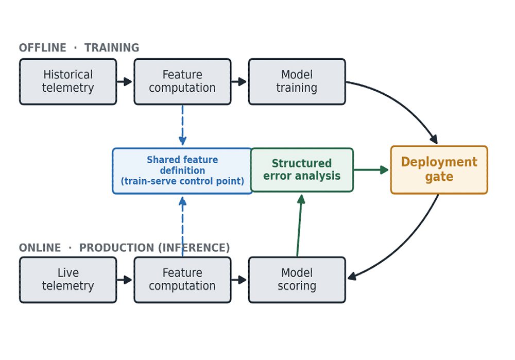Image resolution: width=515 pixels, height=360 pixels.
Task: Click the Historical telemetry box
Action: coord(68,82)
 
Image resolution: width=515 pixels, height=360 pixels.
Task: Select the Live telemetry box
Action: coord(68,280)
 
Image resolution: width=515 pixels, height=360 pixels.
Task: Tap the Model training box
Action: coord(297,82)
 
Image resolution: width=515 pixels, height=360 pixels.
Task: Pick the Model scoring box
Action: coord(297,280)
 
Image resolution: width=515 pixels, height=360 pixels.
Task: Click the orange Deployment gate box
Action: coord(439,170)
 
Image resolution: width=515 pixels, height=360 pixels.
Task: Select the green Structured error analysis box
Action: coord(302,170)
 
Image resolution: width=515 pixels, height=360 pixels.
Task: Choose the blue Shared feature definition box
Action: coord(182,171)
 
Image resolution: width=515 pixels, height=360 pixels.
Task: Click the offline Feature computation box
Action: coord(182,82)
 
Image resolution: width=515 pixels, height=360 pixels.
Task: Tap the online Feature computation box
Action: coord(182,280)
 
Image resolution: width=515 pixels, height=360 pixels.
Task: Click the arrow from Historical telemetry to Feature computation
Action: coord(125,81)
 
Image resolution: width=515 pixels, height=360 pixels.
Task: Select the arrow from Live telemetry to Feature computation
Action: coord(125,280)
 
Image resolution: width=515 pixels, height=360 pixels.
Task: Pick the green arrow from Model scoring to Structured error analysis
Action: coord(299,226)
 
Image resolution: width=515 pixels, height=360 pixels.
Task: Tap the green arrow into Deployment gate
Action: coord(371,170)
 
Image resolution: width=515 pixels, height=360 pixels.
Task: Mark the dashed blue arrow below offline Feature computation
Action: coord(182,125)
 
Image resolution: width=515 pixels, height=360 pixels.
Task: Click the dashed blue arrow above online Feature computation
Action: coord(182,226)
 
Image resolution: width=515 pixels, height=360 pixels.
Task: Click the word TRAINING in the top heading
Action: coord(112,47)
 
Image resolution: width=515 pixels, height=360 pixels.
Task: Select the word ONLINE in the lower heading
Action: coord(40,248)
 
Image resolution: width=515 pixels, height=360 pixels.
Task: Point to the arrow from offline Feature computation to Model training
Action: coord(239,81)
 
